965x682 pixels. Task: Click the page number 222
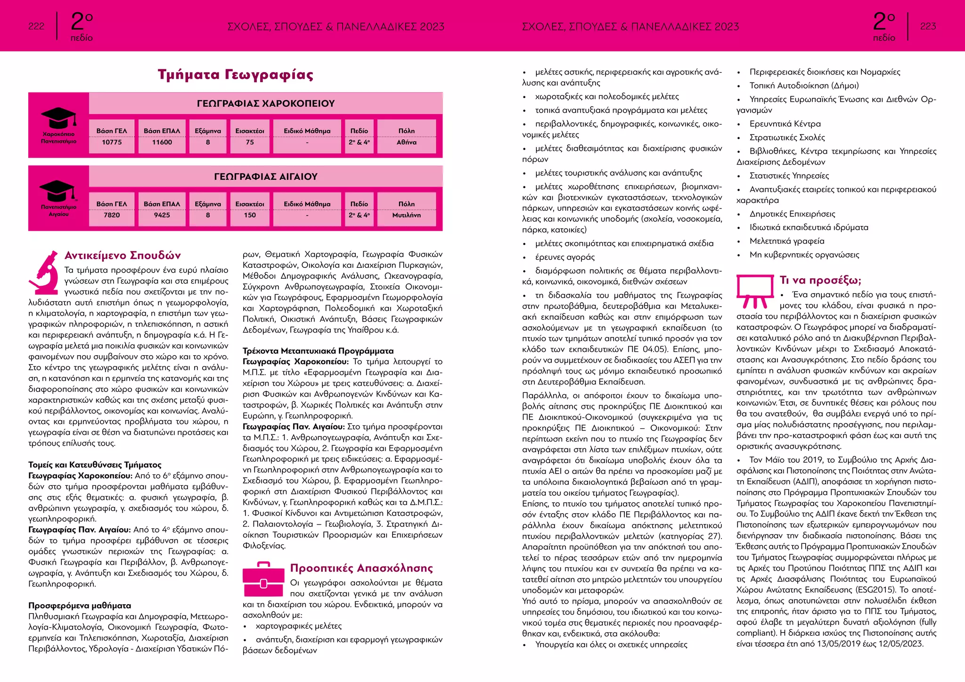point(36,26)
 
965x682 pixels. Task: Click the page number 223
point(928,26)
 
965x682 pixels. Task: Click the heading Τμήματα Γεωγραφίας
point(235,75)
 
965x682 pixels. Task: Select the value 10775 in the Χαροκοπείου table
point(112,142)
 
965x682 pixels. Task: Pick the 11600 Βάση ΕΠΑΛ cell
point(162,142)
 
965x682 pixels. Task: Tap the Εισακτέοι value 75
point(250,142)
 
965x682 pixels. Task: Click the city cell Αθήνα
point(406,142)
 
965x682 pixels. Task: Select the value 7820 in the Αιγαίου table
point(112,215)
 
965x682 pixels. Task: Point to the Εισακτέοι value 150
point(250,215)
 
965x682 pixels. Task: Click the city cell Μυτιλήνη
point(406,215)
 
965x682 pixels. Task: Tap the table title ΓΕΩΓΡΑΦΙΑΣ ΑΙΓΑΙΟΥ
point(266,176)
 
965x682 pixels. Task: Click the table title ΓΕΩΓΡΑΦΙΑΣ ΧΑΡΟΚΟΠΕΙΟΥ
point(266,103)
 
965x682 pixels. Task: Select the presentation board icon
point(754,291)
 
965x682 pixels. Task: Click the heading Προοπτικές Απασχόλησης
point(361,568)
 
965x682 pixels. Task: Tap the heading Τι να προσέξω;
point(820,280)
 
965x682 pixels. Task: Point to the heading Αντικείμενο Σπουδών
point(123,255)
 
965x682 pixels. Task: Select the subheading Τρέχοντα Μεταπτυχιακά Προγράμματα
point(318,351)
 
